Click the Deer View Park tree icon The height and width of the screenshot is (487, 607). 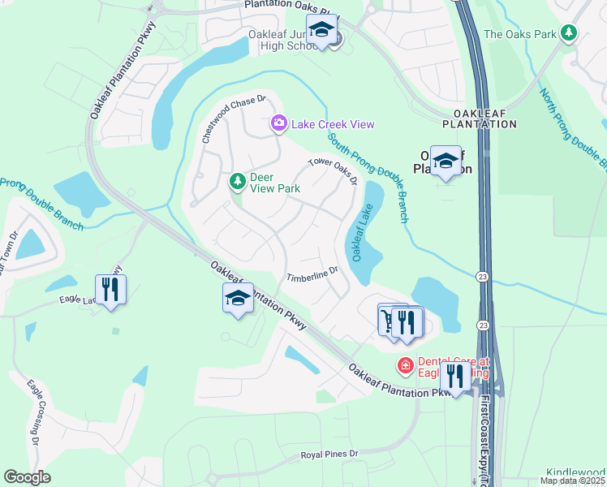point(238,181)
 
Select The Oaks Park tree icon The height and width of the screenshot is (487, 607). point(570,33)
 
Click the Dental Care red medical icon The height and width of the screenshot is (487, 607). point(404,367)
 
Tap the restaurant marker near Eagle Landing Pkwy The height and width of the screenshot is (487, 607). point(110,290)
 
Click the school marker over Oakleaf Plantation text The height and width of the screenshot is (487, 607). point(446,162)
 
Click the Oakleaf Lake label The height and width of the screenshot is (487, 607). point(361,232)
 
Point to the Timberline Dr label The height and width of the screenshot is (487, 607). point(312,274)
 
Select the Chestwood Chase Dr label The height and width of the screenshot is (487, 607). point(234,119)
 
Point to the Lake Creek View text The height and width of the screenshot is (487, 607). point(334,124)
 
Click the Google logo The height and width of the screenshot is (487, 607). point(27,477)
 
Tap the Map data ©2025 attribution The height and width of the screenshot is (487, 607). point(572,481)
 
